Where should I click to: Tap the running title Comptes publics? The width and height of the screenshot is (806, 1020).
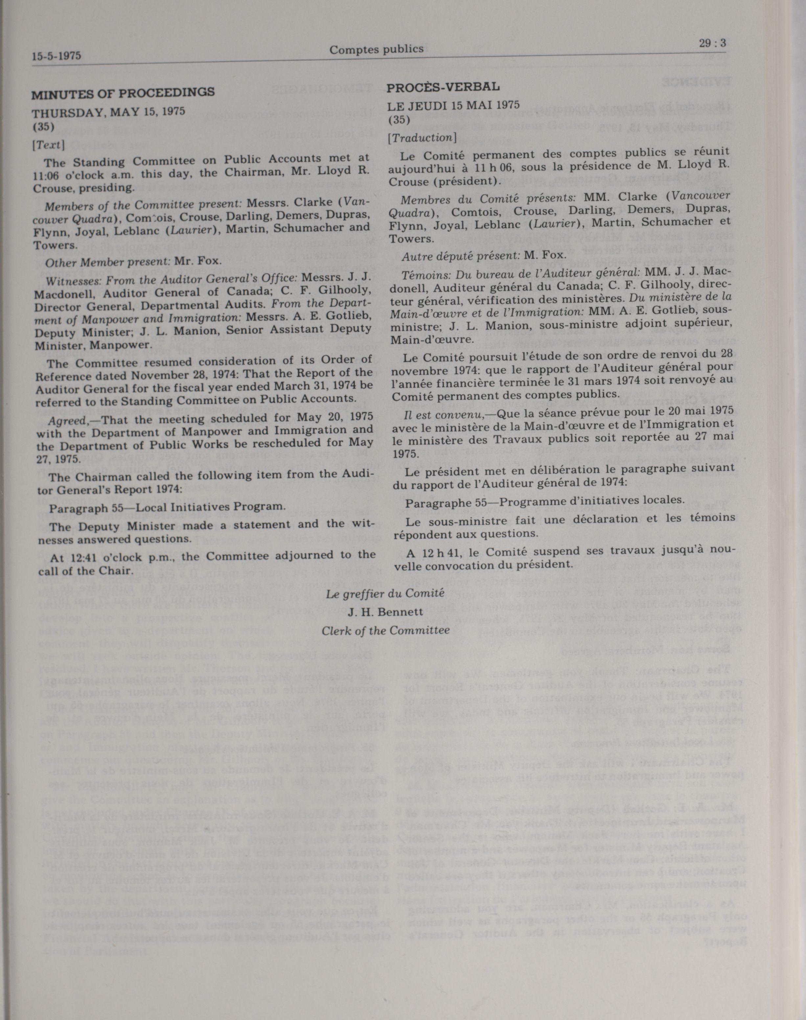pyautogui.click(x=376, y=49)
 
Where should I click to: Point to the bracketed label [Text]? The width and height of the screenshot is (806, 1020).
pyautogui.click(x=48, y=145)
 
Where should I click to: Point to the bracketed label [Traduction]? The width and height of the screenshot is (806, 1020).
pyautogui.click(x=422, y=137)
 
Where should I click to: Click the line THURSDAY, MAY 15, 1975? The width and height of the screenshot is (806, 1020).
pyautogui.click(x=108, y=112)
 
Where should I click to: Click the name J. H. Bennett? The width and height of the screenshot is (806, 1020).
pyautogui.click(x=385, y=612)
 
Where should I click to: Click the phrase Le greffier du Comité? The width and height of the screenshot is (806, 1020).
pyautogui.click(x=385, y=594)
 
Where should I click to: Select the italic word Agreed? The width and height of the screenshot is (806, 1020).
pyautogui.click(x=67, y=419)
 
